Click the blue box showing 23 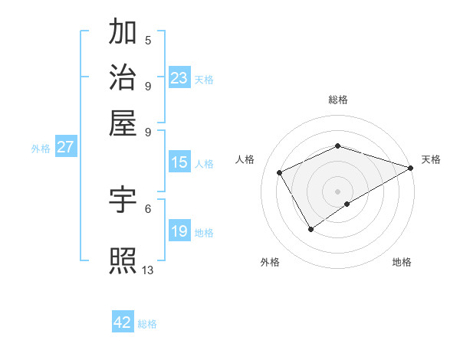179,78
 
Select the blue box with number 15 179,162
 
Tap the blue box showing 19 179,231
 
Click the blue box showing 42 123,322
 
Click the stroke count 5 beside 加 148,40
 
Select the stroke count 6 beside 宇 148,208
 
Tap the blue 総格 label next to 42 147,324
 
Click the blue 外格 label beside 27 41,149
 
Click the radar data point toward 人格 280,172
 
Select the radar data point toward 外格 310,228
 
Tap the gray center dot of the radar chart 337,191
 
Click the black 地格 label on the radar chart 402,262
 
